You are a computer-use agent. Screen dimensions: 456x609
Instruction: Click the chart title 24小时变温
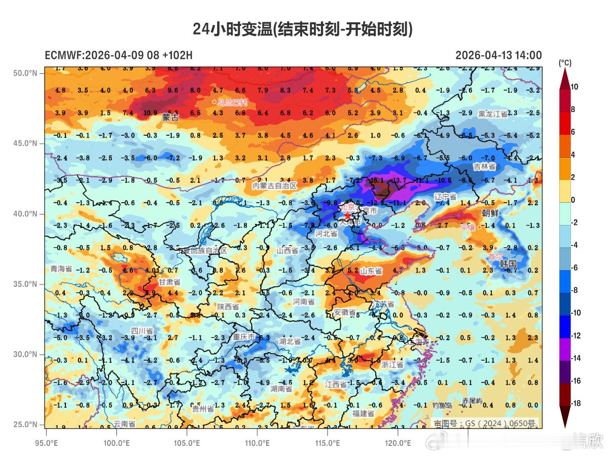point(303,29)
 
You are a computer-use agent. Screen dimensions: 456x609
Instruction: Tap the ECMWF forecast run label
point(119,55)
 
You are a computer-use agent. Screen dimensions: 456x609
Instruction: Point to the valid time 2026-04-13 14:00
point(498,55)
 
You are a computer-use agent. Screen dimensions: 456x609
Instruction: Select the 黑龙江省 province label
point(492,114)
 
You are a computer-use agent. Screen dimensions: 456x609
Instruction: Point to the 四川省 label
point(142,331)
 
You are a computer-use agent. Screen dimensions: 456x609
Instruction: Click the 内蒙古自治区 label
point(274,186)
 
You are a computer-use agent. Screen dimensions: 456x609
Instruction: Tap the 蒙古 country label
point(170,118)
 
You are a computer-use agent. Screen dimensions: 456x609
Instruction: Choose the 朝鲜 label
point(490,213)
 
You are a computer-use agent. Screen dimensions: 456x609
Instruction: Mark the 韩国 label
point(508,263)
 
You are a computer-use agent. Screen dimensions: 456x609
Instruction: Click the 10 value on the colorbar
point(575,87)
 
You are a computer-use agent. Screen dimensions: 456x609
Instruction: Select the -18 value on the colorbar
point(576,403)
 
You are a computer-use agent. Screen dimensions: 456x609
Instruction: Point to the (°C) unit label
point(564,63)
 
